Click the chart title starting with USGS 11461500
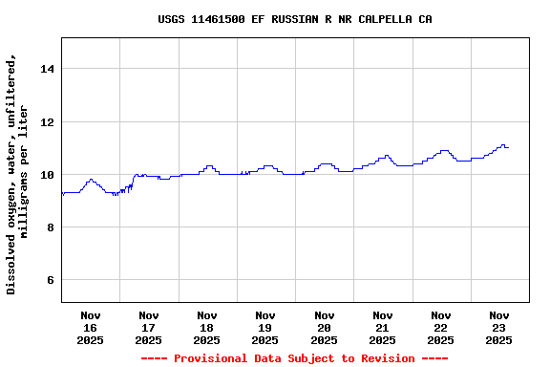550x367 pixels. point(294,19)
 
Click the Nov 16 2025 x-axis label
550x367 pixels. point(91,327)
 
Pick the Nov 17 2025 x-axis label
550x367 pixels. point(149,327)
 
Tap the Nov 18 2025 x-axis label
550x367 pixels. point(207,327)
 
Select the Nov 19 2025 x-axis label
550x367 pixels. point(265,327)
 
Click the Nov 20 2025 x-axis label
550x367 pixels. point(324,327)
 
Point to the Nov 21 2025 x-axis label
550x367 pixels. point(382,327)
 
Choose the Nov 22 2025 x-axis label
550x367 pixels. point(440,327)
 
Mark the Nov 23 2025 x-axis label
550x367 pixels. point(498,327)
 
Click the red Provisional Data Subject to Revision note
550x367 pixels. point(294,358)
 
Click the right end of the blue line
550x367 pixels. point(509,147)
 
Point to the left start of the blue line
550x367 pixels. point(62,193)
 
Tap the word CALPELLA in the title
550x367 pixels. point(380,19)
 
